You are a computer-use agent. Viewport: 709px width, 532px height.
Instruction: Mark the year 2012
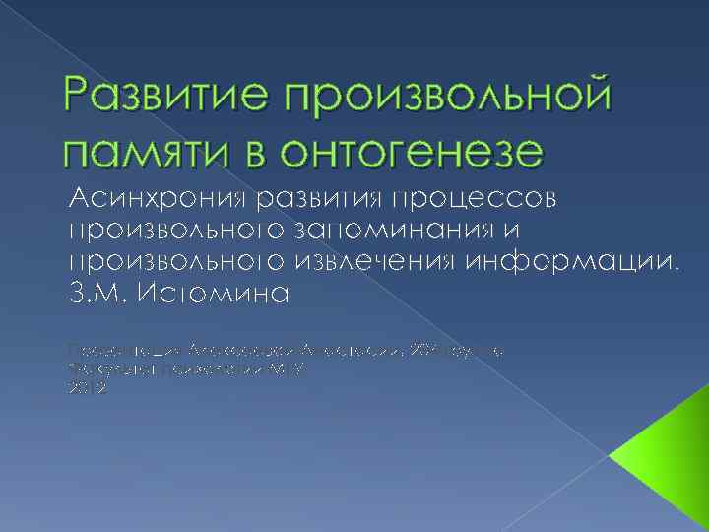(85, 388)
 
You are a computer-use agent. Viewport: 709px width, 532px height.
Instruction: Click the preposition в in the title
(259, 153)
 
